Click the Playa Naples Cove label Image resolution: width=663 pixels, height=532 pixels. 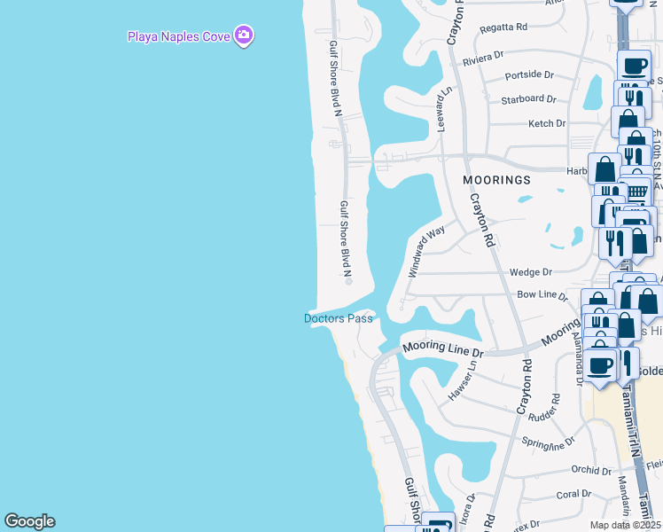click(178, 36)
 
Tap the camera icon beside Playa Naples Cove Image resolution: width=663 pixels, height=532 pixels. click(245, 36)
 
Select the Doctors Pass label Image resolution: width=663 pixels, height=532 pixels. click(339, 318)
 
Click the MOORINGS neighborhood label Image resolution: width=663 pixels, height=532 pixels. click(497, 180)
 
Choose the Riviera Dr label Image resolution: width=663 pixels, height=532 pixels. click(483, 57)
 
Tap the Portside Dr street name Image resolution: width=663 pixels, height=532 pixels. click(529, 76)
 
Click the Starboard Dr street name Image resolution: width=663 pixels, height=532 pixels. click(528, 99)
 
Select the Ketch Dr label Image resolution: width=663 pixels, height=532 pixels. click(546, 124)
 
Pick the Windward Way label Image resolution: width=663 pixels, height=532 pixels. click(425, 252)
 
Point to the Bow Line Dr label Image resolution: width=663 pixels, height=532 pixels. click(542, 293)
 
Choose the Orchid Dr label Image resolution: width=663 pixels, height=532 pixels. click(567, 470)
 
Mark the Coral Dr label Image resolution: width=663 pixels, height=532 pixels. click(573, 494)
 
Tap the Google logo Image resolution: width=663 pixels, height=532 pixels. click(29, 521)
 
